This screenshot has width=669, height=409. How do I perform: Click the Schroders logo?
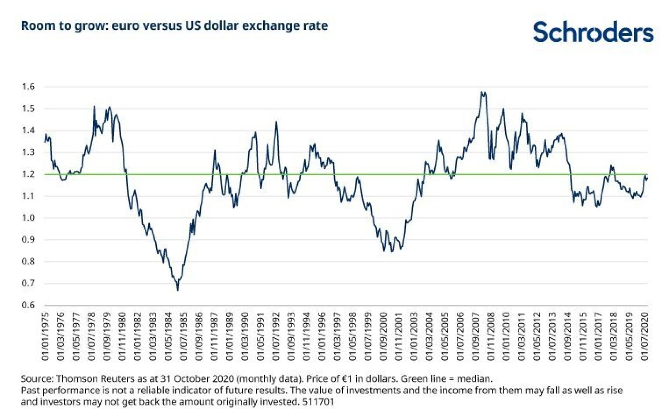[593, 32]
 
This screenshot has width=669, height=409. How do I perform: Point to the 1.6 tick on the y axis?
[28, 87]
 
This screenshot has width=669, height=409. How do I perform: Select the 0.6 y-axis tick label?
[28, 305]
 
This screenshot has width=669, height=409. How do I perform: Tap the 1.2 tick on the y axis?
[28, 174]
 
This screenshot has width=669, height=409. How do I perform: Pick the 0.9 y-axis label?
[28, 239]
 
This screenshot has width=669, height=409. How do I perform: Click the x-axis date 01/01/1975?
[45, 336]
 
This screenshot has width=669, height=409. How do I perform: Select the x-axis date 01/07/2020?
[645, 336]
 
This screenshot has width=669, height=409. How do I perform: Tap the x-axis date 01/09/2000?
[383, 336]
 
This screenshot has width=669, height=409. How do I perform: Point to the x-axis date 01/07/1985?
[184, 336]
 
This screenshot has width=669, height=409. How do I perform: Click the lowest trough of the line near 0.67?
[178, 290]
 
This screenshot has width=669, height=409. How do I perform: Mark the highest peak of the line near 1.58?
[482, 92]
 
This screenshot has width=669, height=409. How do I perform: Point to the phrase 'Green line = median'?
[446, 379]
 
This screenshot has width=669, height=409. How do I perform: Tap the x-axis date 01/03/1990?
[245, 336]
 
